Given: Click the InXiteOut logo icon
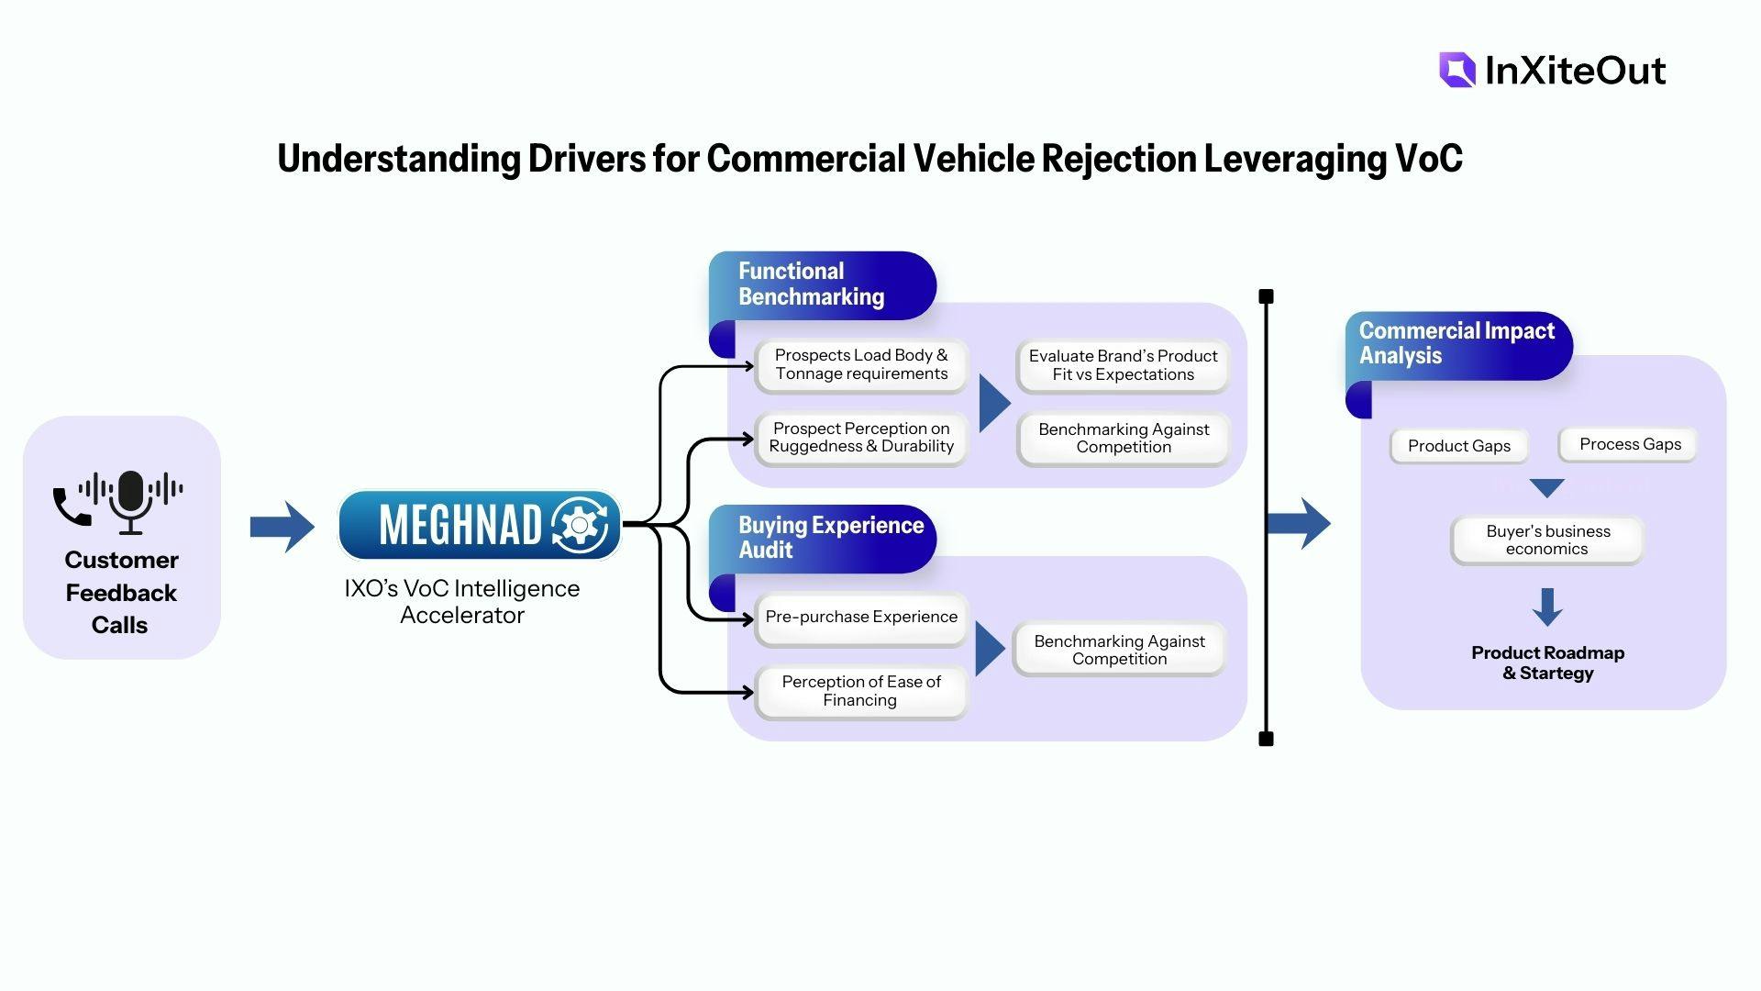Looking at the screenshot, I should [1457, 70].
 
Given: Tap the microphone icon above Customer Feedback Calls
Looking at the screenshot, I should [131, 501].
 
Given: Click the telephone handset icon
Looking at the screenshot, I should [71, 507].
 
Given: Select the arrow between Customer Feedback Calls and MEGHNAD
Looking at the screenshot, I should [282, 527].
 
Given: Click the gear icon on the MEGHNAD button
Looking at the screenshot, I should [580, 525].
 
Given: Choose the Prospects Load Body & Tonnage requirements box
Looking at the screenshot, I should [861, 365].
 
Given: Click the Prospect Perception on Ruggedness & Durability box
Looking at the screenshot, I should [861, 438].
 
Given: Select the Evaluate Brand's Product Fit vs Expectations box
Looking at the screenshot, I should [1123, 365].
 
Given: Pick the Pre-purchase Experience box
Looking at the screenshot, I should [861, 618].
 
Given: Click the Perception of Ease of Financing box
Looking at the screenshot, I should [861, 691].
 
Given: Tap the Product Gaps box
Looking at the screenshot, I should [1458, 446].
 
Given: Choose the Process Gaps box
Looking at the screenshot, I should [1630, 445].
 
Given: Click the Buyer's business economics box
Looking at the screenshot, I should [1547, 540].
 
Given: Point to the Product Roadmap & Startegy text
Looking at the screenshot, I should [1547, 663].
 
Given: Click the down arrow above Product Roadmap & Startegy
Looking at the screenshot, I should [1547, 607].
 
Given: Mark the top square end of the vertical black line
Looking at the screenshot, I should [1267, 296].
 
